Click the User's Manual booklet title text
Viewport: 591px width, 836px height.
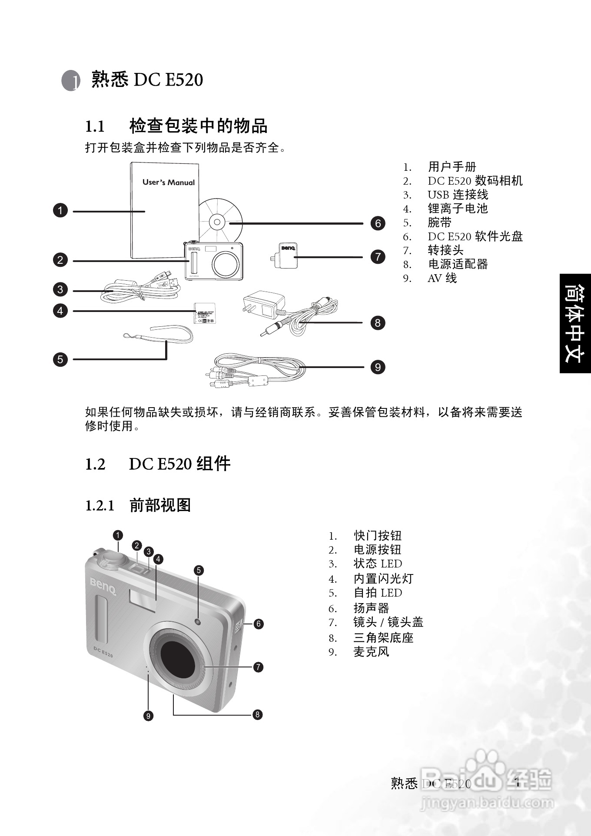click(169, 182)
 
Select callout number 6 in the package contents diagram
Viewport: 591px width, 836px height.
click(378, 223)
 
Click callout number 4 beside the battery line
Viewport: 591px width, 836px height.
click(60, 311)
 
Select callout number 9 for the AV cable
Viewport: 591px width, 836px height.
click(378, 367)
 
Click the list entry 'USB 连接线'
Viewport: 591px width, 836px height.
click(458, 195)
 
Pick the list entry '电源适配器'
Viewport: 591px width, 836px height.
click(458, 264)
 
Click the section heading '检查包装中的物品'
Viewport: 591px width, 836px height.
click(198, 126)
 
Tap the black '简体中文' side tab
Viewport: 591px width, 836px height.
click(575, 323)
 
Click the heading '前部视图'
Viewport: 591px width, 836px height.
click(160, 505)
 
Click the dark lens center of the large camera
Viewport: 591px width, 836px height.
click(178, 657)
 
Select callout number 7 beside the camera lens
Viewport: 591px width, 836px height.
click(258, 667)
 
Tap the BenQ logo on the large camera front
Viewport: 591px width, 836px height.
click(103, 587)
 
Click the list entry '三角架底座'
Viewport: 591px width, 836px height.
click(383, 638)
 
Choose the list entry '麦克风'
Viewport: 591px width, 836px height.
click(371, 652)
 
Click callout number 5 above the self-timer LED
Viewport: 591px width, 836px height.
click(199, 571)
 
